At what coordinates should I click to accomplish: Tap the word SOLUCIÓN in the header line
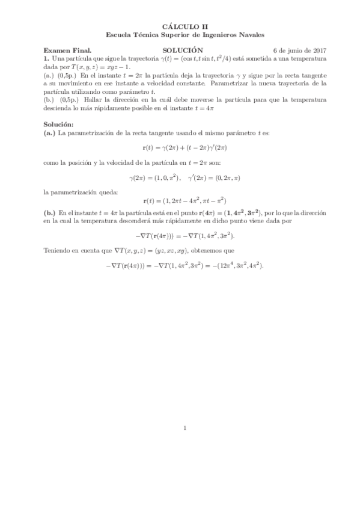[183, 51]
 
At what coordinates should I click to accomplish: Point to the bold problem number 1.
[46, 59]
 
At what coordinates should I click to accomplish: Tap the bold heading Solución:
[58, 124]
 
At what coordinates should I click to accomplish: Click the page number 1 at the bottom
[185, 428]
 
